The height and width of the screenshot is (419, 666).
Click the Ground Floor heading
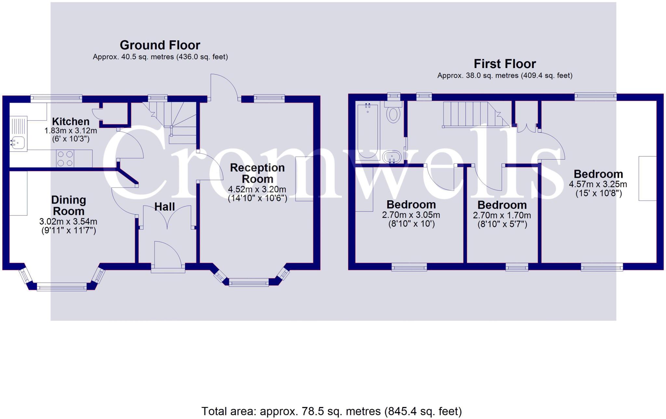pyautogui.click(x=160, y=45)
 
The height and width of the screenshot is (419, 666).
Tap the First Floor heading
pyautogui.click(x=504, y=64)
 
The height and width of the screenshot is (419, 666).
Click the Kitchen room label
pyautogui.click(x=71, y=121)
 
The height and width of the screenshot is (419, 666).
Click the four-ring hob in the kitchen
pyautogui.click(x=65, y=159)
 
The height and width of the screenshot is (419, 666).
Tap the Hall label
pyautogui.click(x=164, y=206)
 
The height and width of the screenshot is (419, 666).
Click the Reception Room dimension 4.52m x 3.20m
pyautogui.click(x=257, y=189)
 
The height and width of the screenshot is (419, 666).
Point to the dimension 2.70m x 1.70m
pyautogui.click(x=502, y=215)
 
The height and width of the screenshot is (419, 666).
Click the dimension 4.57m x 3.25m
pyautogui.click(x=598, y=184)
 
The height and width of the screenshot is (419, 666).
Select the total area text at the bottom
pyautogui.click(x=331, y=411)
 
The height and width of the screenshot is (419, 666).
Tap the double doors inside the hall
pyautogui.click(x=167, y=216)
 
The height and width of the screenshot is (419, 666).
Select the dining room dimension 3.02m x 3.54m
pyautogui.click(x=68, y=222)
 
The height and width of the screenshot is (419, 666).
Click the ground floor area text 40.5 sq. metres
pyautogui.click(x=160, y=57)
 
